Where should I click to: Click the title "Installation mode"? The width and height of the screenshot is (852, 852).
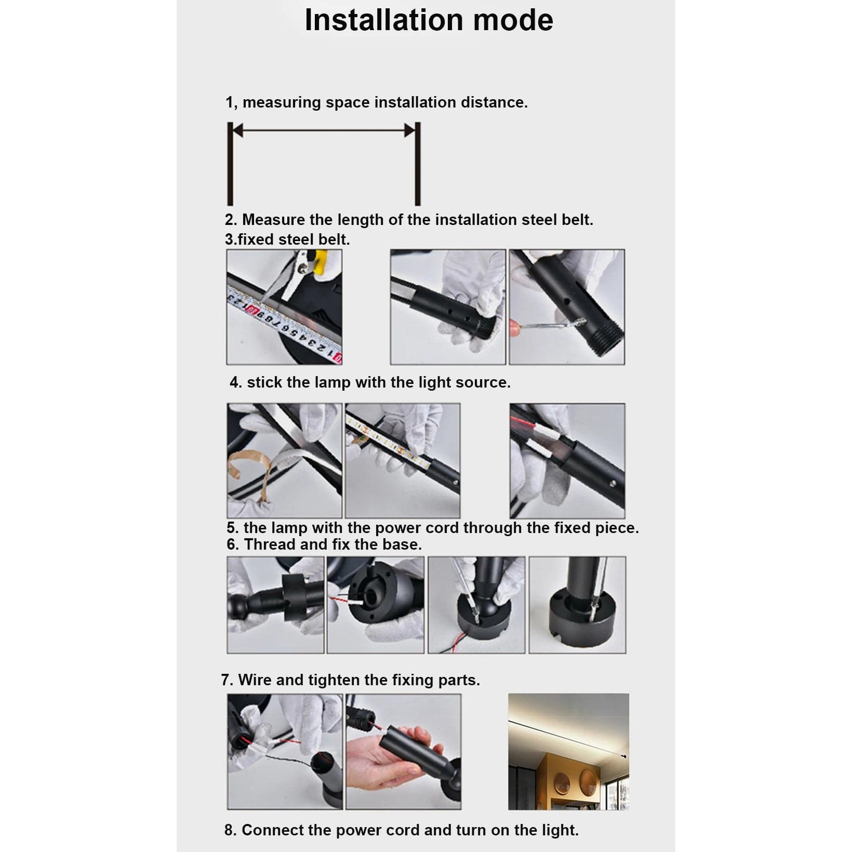pos(429,20)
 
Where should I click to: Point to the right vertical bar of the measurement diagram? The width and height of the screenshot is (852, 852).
pos(417,164)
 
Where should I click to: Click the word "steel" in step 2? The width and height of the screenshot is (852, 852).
pos(539,220)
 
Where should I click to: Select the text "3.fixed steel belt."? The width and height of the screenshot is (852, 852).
pos(287,239)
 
